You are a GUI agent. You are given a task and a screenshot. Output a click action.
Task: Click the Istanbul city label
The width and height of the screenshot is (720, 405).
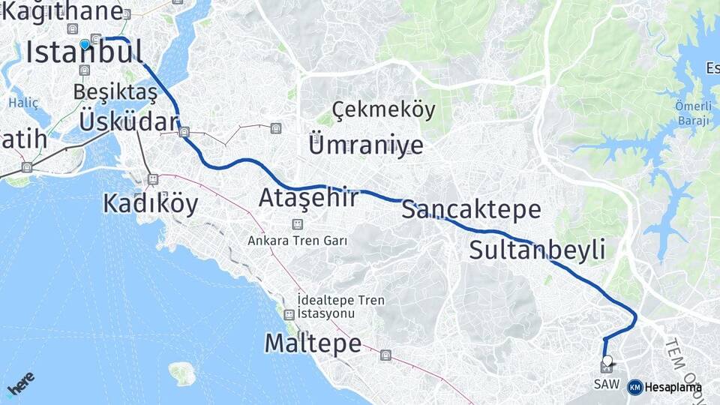pyautogui.click(x=83, y=52)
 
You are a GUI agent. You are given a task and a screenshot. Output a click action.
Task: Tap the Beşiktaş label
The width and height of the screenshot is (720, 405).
pyautogui.click(x=115, y=92)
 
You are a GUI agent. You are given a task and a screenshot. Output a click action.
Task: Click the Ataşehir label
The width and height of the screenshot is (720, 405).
pyautogui.click(x=308, y=198)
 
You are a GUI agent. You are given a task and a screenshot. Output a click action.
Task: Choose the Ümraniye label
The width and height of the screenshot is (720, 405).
pyautogui.click(x=365, y=145)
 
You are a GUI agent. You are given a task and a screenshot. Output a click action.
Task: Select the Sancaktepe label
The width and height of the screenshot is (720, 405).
pyautogui.click(x=471, y=209)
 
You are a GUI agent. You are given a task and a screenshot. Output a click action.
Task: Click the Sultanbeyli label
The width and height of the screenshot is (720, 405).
pyautogui.click(x=537, y=250)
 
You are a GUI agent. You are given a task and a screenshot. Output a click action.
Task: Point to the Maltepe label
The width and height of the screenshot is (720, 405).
pyautogui.click(x=313, y=343)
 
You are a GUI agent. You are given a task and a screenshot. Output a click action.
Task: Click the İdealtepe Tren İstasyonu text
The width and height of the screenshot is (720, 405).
pyautogui.click(x=340, y=307)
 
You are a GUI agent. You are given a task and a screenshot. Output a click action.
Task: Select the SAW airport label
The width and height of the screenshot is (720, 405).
pyautogui.click(x=606, y=384)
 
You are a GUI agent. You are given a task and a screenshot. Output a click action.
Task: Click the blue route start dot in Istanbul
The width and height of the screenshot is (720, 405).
pyautogui.click(x=85, y=45)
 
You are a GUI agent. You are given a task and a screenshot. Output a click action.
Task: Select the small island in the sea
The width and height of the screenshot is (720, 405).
pyautogui.click(x=181, y=373)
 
